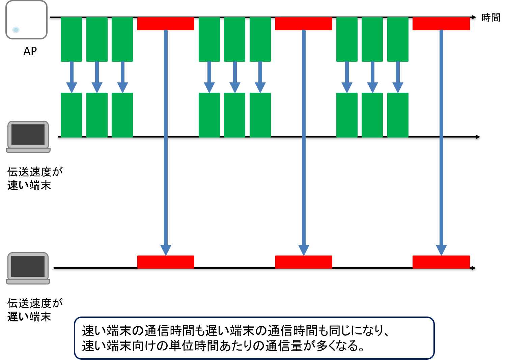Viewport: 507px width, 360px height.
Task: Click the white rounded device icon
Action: pos(26,20)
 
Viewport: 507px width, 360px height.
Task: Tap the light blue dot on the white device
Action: pos(16,30)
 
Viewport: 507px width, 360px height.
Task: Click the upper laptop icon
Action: pos(28,137)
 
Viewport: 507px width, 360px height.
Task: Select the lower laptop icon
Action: pos(28,268)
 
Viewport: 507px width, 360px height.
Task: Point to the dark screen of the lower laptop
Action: pos(28,266)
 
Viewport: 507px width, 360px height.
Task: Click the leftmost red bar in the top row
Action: pos(166,24)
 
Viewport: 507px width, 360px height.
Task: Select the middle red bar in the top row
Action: pos(304,24)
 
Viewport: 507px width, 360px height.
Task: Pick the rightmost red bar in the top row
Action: pos(441,24)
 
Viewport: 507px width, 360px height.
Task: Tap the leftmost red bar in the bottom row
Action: pos(166,262)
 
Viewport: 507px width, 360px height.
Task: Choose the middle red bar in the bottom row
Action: pos(304,262)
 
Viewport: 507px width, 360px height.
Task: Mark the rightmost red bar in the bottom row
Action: pos(441,262)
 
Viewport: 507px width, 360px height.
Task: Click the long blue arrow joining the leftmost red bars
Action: pos(166,142)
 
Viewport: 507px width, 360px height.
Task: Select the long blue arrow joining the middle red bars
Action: pos(304,142)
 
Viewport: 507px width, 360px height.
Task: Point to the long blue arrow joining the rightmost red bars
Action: pos(441,142)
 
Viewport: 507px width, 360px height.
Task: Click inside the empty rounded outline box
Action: pos(254,338)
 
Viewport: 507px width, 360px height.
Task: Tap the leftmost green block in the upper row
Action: pos(71,39)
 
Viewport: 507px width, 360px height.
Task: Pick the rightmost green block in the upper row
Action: pos(398,39)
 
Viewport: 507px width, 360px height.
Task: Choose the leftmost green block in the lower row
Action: pos(71,115)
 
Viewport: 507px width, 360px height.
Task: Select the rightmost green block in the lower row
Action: pos(398,115)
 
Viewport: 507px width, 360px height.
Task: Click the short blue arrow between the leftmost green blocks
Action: pos(72,77)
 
